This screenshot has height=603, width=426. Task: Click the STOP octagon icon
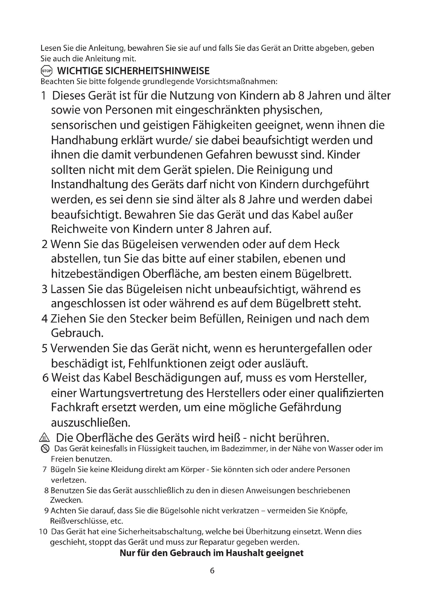[47, 71]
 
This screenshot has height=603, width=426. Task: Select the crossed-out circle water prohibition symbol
[45, 449]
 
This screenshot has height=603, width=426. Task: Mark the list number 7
[45, 469]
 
